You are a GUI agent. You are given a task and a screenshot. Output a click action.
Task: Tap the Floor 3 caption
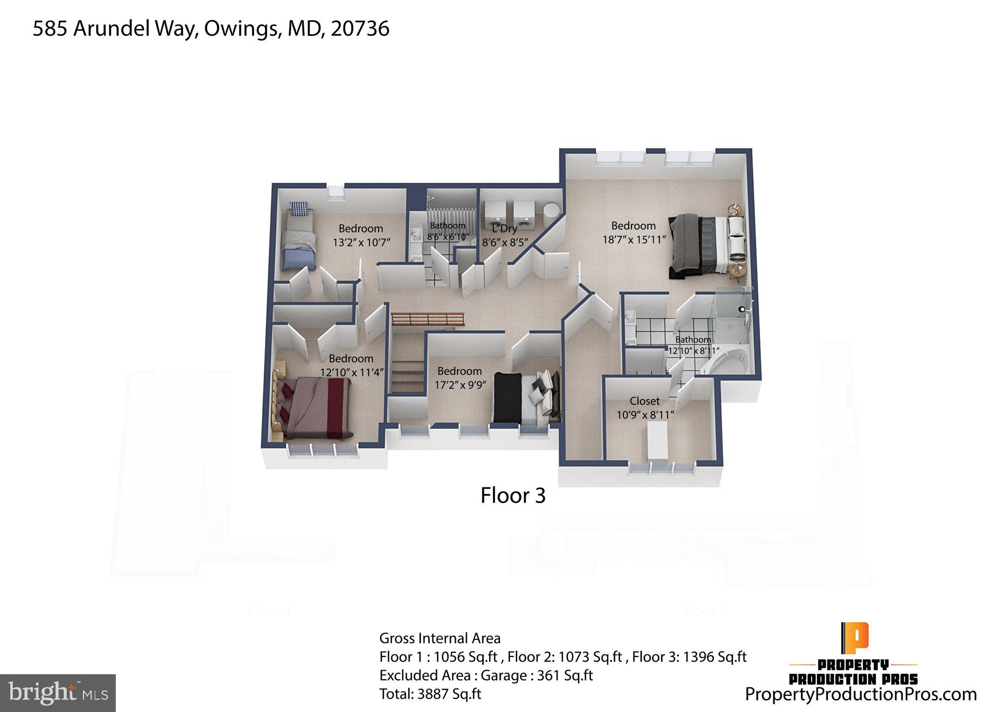[x=512, y=496]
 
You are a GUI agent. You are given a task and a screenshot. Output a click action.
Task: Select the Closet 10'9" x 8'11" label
[x=645, y=408]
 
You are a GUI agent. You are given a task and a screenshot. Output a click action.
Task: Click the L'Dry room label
[x=504, y=229]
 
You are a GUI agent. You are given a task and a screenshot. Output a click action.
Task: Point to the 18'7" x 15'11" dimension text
[x=634, y=240]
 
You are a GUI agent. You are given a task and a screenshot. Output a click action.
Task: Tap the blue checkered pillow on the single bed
[x=299, y=209]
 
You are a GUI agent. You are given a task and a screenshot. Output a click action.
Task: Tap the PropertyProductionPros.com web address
[x=861, y=694]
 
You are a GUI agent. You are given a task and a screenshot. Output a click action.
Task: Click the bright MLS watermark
[x=58, y=693]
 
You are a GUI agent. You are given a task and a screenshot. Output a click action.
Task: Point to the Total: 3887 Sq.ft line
[x=430, y=694]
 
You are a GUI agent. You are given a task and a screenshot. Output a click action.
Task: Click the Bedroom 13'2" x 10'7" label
[x=361, y=235]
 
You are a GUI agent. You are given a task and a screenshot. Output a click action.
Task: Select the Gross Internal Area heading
[x=440, y=638]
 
